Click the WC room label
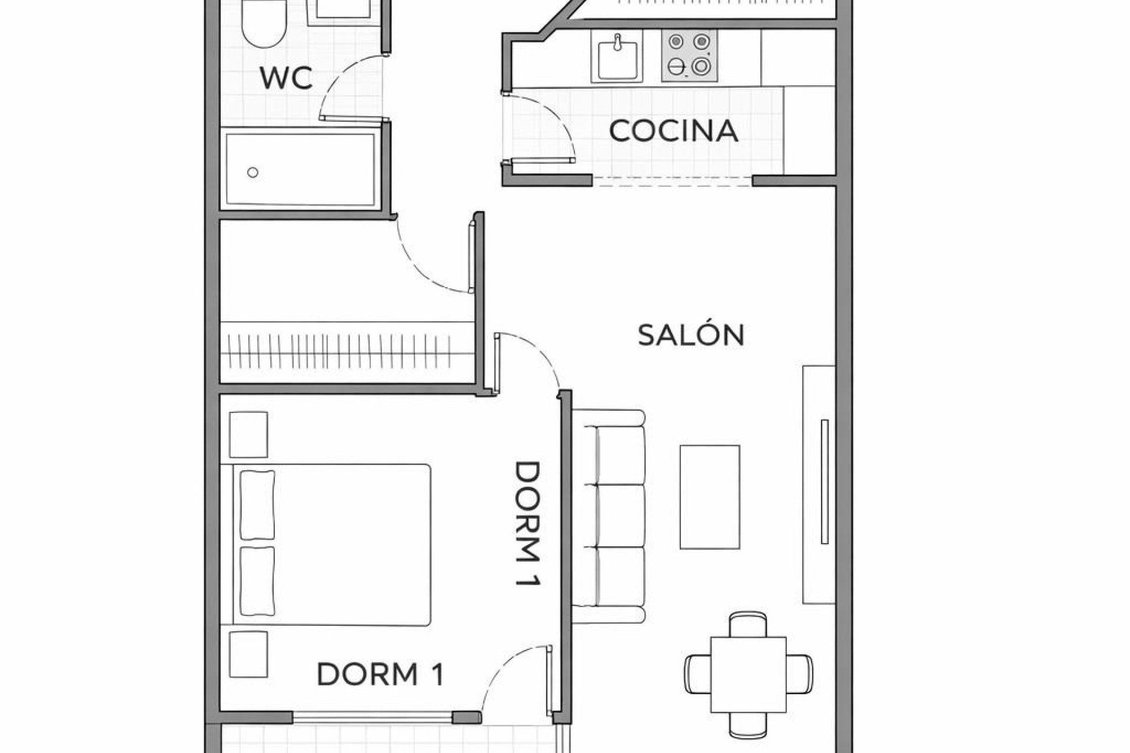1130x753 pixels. click(286, 78)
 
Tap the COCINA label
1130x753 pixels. click(673, 131)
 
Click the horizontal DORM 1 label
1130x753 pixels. click(380, 674)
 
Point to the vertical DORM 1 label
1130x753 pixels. click(527, 524)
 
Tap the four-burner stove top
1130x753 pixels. click(689, 56)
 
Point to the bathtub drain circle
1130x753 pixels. click(252, 172)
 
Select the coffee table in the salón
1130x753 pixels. click(709, 497)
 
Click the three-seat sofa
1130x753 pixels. click(612, 516)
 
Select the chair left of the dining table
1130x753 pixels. click(697, 675)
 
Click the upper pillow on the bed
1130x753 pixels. click(257, 504)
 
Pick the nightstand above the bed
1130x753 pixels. click(248, 434)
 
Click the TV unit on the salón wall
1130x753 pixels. click(819, 484)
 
